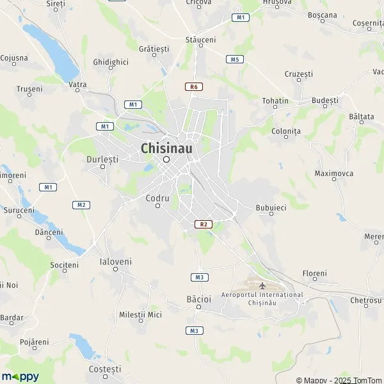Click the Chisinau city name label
[166, 148]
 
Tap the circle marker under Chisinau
[166, 159]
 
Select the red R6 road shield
[193, 86]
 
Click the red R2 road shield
[203, 224]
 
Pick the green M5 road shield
[235, 59]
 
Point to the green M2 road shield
[80, 205]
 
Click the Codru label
[157, 198]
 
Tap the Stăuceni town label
[200, 40]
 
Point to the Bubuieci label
[271, 207]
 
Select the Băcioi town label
[198, 299]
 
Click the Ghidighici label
[111, 62]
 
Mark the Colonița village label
[286, 131]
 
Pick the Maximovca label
[334, 173]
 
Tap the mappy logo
[20, 376]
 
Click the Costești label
[105, 369]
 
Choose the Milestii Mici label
[141, 314]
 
